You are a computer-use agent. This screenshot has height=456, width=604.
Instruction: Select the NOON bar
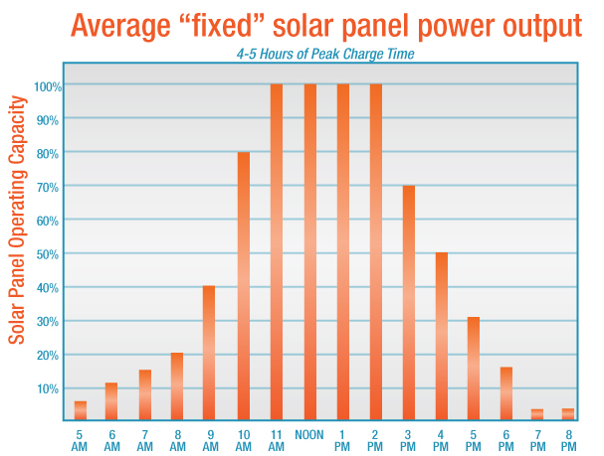309,252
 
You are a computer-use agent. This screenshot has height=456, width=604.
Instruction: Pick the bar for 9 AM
209,353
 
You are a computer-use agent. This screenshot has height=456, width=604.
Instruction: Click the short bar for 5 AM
81,410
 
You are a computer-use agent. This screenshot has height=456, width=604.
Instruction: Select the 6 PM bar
506,393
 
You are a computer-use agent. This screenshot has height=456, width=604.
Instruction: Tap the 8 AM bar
176,386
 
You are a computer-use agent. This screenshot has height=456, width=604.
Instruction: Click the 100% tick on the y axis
49,86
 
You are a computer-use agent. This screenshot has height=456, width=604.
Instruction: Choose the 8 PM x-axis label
567,440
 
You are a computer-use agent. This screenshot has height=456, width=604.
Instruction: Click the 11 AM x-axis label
276,440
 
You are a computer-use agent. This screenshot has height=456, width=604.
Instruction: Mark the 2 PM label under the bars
375,440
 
